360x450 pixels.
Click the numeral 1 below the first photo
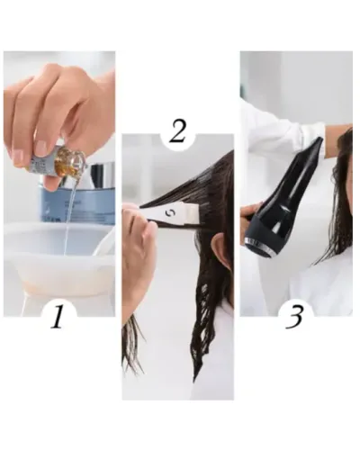click(x=58, y=317)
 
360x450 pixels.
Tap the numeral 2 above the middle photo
click(x=178, y=131)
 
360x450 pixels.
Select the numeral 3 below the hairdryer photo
click(x=294, y=317)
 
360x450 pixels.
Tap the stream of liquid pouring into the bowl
click(x=67, y=216)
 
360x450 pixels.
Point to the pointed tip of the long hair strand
click(x=194, y=381)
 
